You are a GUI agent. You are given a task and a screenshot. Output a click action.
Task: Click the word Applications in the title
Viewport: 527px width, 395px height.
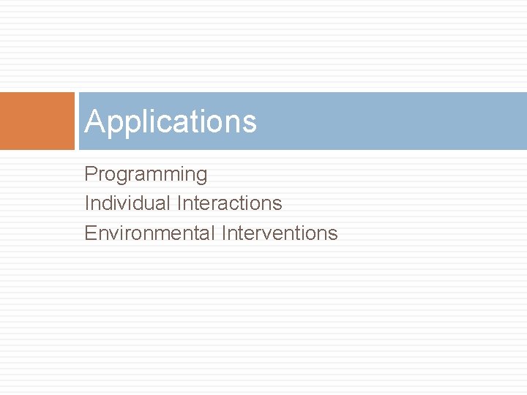(171, 121)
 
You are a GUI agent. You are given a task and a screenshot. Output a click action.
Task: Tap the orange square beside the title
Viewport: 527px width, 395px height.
(37, 121)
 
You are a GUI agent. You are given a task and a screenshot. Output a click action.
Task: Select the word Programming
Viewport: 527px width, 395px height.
(146, 175)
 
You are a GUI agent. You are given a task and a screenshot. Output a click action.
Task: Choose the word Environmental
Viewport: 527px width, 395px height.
(149, 233)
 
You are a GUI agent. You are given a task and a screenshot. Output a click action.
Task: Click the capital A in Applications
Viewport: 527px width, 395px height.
(94, 121)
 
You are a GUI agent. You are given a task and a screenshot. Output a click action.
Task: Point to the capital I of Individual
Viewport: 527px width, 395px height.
(87, 203)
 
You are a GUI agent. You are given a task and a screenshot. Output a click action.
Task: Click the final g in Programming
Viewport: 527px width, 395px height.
(201, 177)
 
